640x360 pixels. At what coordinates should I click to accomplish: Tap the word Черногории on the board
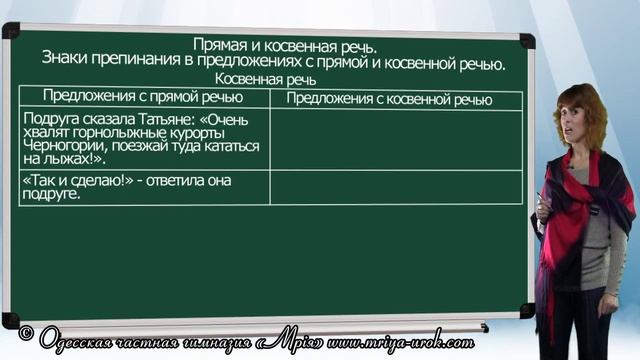(60, 144)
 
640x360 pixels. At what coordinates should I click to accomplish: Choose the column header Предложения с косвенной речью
(390, 99)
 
